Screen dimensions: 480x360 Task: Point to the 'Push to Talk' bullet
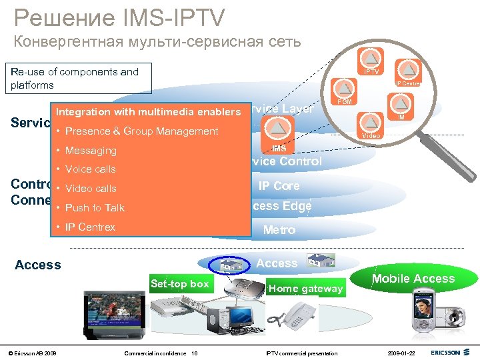pyautogui.click(x=95, y=208)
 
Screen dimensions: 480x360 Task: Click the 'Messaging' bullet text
pyautogui.click(x=91, y=151)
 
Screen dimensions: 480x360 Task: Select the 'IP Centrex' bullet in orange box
pyautogui.click(x=90, y=227)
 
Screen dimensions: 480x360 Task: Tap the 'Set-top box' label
pyautogui.click(x=179, y=284)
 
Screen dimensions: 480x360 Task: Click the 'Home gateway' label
pyautogui.click(x=305, y=288)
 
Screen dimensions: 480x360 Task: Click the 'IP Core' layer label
pyautogui.click(x=279, y=186)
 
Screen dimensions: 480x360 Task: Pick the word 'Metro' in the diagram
pyautogui.click(x=279, y=230)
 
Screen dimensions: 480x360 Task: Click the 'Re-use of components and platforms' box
pyautogui.click(x=79, y=79)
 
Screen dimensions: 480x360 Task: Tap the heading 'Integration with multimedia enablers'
pyautogui.click(x=149, y=112)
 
